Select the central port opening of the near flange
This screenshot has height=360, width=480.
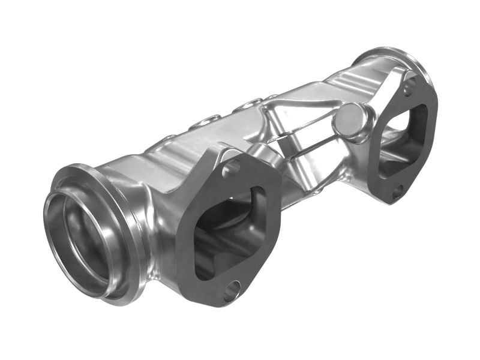(231, 231)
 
